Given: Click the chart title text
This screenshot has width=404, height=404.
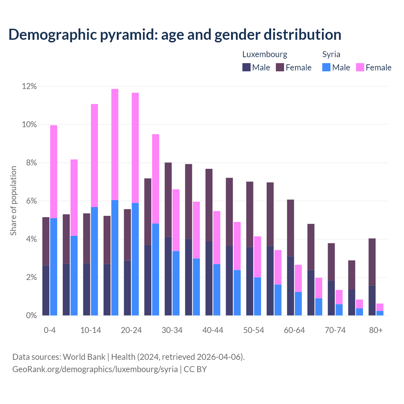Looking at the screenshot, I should click(x=175, y=35).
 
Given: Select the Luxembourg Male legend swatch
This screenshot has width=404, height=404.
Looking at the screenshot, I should click(x=247, y=67).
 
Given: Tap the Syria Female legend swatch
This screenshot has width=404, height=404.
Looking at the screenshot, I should click(x=360, y=67).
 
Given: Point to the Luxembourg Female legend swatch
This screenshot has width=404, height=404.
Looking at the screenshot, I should click(x=280, y=67).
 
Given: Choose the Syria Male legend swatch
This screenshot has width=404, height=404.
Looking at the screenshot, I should click(x=326, y=67).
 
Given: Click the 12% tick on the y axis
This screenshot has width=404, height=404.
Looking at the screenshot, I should click(x=29, y=86).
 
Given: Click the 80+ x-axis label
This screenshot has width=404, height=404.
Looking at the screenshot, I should click(x=376, y=330).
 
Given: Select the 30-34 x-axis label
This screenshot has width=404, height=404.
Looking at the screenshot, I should click(x=172, y=330).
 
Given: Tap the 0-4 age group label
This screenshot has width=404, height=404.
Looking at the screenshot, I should click(x=50, y=330).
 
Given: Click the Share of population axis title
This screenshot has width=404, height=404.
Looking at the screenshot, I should click(x=14, y=201).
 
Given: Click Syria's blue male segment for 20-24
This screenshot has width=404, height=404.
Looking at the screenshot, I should click(x=135, y=259).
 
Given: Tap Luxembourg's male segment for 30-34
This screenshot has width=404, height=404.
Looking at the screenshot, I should click(x=168, y=276).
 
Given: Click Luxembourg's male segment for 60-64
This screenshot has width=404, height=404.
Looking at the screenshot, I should click(x=290, y=286).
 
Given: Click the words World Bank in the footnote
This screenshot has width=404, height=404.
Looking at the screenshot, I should click(x=84, y=357).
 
